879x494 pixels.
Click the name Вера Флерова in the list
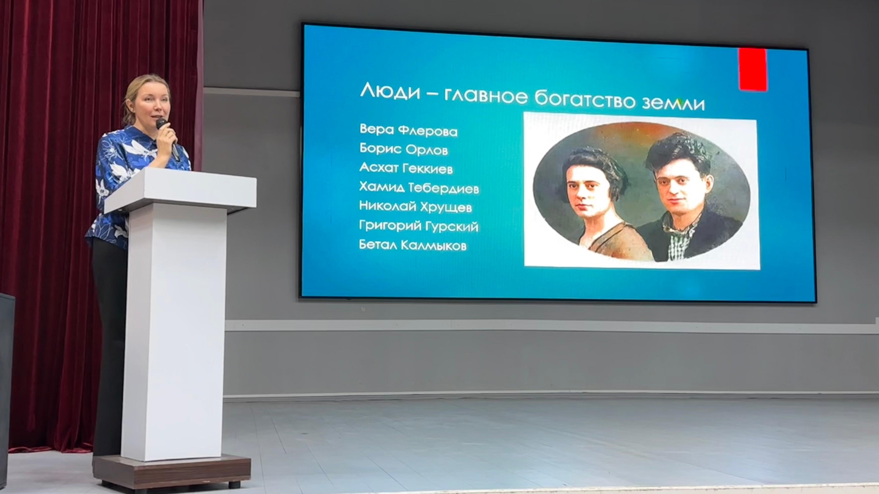click(409, 130)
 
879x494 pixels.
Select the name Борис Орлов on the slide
click(404, 149)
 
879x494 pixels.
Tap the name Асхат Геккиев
click(406, 168)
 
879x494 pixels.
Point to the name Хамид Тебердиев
click(419, 188)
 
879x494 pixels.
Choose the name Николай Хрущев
click(416, 207)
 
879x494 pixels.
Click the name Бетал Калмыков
click(413, 245)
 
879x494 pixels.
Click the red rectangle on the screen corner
click(753, 69)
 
